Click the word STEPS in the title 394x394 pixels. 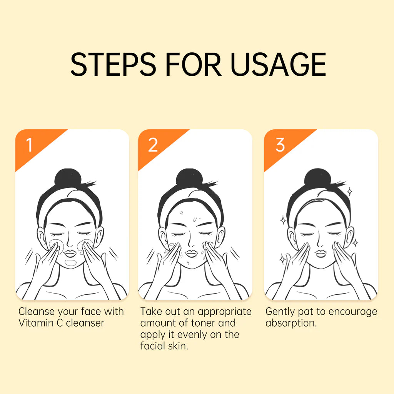click(x=114, y=64)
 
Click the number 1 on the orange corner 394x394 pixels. click(x=29, y=145)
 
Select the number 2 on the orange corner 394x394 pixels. click(x=153, y=145)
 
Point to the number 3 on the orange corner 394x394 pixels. click(x=280, y=145)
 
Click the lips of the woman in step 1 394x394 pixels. click(x=70, y=253)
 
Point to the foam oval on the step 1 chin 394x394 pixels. click(x=70, y=263)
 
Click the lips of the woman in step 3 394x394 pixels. click(x=321, y=253)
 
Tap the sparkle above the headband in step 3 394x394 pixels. click(x=349, y=192)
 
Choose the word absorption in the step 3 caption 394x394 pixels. click(x=291, y=323)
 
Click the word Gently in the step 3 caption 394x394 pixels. click(x=280, y=312)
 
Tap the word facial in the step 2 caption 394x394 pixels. click(x=153, y=346)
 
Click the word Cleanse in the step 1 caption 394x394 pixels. click(x=37, y=311)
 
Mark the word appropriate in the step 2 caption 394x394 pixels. click(x=225, y=312)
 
